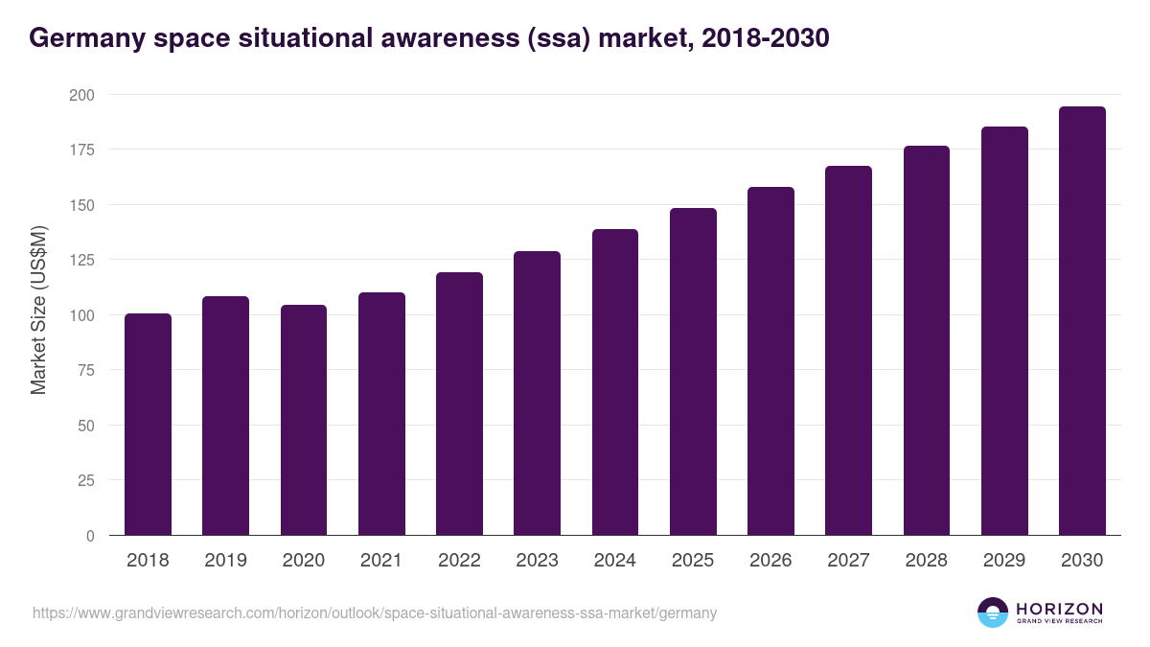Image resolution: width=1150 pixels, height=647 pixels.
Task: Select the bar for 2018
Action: [x=148, y=425]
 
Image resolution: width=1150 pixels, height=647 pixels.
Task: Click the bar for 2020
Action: [x=304, y=420]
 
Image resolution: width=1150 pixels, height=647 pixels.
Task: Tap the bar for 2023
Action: [x=537, y=393]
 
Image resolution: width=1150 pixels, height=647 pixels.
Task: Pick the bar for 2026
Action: [x=770, y=361]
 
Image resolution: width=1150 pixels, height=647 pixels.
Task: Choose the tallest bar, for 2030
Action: [x=1082, y=321]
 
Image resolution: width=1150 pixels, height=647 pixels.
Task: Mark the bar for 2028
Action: [x=927, y=340]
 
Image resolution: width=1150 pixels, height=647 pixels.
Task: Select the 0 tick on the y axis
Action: [x=90, y=536]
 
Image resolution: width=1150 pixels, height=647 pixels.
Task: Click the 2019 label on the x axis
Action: [x=225, y=561]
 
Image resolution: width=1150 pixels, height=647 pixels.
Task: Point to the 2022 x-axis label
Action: [x=459, y=561]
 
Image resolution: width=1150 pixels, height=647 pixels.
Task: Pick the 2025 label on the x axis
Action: [x=693, y=561]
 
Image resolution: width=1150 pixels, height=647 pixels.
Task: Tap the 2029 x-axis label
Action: [x=1004, y=561]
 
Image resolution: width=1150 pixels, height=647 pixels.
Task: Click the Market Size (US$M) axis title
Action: [x=38, y=310]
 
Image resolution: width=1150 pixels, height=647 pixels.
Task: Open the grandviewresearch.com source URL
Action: [x=375, y=612]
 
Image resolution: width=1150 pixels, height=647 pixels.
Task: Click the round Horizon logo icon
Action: [x=993, y=612]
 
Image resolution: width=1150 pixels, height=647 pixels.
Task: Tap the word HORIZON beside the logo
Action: [x=1059, y=608]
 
